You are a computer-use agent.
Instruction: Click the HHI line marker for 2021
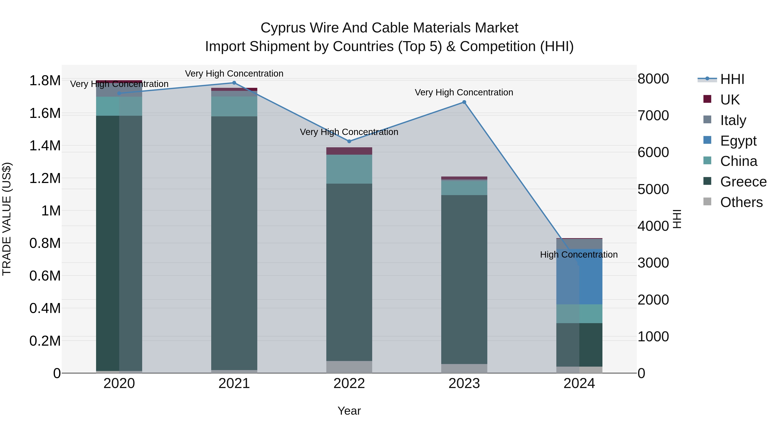pyautogui.click(x=234, y=83)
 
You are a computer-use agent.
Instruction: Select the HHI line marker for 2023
pyautogui.click(x=464, y=102)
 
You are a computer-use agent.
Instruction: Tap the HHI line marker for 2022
pyautogui.click(x=349, y=141)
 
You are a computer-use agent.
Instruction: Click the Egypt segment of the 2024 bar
pyautogui.click(x=579, y=277)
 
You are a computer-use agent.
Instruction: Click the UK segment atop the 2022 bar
pyautogui.click(x=349, y=151)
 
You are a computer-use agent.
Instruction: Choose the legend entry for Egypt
pyautogui.click(x=738, y=141)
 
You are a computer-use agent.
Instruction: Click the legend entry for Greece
pyautogui.click(x=743, y=182)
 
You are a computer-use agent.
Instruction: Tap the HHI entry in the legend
pyautogui.click(x=732, y=79)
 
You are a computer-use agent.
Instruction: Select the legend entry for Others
pyautogui.click(x=741, y=202)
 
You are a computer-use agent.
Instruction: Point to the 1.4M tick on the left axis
pyautogui.click(x=45, y=146)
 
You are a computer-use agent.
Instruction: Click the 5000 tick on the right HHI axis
pyautogui.click(x=653, y=189)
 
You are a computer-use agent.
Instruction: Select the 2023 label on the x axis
pyautogui.click(x=464, y=383)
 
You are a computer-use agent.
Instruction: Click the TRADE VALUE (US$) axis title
pyautogui.click(x=7, y=219)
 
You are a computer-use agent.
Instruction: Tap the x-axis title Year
pyautogui.click(x=349, y=411)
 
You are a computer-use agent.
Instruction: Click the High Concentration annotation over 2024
pyautogui.click(x=579, y=255)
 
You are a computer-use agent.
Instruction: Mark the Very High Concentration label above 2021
pyautogui.click(x=234, y=74)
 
